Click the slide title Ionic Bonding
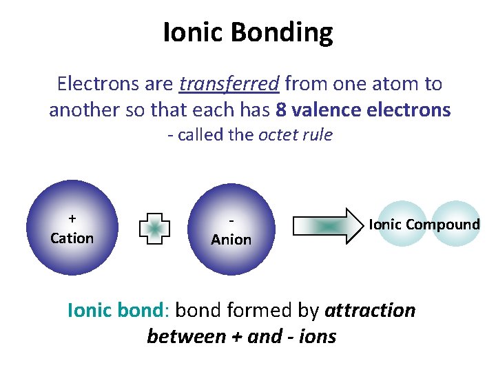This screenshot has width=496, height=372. [x=248, y=32]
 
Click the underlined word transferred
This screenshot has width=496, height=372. [x=229, y=84]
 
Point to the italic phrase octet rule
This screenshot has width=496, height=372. [x=295, y=134]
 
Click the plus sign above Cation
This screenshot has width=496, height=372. [x=72, y=219]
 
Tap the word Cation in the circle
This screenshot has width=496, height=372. [x=72, y=238]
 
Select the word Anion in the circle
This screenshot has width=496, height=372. [x=231, y=240]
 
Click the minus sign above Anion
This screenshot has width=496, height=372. [x=231, y=220]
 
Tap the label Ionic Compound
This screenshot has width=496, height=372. [x=424, y=224]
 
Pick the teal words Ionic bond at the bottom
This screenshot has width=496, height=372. [x=114, y=311]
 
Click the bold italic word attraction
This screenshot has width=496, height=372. [x=370, y=311]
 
